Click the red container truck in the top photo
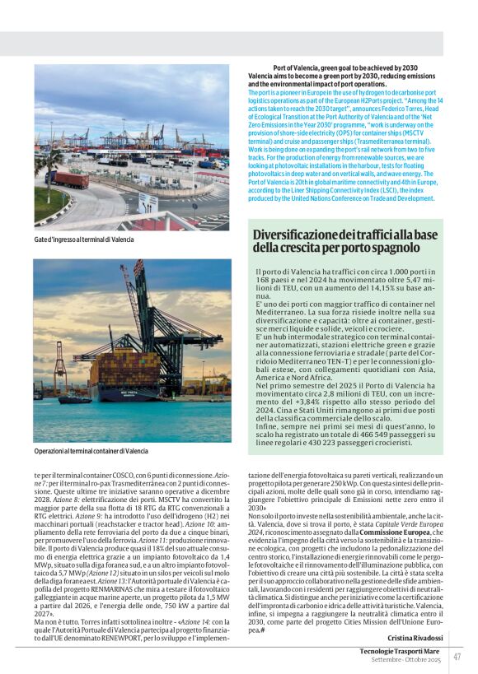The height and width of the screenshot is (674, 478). pos(71,179)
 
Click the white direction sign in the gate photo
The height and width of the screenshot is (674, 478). pos(148,203)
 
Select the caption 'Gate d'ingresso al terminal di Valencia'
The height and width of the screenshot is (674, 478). pos(84,239)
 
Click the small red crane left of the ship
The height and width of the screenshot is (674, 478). pos(60,366)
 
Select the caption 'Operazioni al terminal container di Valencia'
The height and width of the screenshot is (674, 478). pos(91,451)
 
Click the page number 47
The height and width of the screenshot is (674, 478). pos(457,656)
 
